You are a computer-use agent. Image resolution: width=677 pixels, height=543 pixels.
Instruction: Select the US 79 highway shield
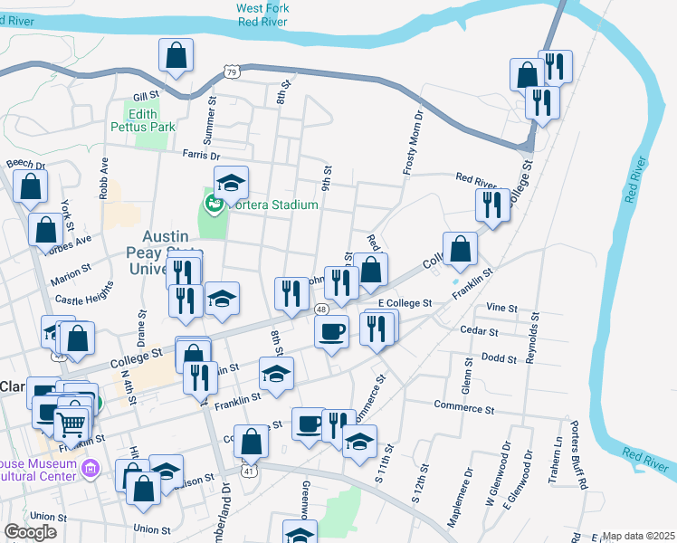click(x=232, y=71)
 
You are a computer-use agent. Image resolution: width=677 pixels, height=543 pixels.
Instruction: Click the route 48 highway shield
click(x=322, y=310)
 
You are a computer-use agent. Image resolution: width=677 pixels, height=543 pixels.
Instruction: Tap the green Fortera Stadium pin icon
click(x=215, y=204)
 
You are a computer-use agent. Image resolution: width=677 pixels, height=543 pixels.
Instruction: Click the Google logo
click(x=29, y=531)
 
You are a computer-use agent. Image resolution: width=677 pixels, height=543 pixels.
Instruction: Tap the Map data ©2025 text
click(x=638, y=536)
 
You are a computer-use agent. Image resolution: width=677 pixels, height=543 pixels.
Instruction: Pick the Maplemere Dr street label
click(x=468, y=483)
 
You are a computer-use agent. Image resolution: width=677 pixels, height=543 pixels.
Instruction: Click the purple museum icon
click(x=89, y=468)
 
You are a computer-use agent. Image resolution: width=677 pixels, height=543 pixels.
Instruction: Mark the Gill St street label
click(x=145, y=95)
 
